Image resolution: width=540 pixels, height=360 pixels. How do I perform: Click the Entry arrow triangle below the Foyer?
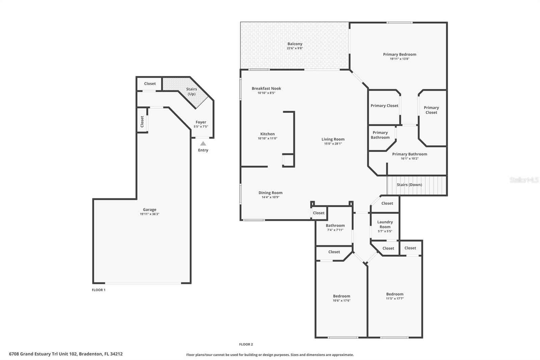pos(203,144)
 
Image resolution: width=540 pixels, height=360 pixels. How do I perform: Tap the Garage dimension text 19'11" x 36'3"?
pos(150,214)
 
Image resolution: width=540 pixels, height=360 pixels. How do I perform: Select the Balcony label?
pos(295,44)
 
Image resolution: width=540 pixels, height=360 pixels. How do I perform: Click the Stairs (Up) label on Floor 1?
pos(191,92)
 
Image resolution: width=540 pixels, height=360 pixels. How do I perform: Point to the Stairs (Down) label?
pos(409,185)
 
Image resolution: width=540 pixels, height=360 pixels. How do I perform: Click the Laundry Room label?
pos(385,224)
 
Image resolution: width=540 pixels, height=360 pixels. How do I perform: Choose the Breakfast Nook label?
pos(266,88)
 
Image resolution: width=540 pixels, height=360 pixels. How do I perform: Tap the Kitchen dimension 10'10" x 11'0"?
pos(267,138)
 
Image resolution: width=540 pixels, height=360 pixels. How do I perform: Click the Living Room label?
pos(333,139)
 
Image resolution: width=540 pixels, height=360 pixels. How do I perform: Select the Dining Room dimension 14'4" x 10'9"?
pos(270,197)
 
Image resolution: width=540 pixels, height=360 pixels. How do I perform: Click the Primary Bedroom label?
pos(399,54)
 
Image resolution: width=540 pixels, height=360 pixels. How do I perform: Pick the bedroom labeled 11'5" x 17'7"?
pos(395,296)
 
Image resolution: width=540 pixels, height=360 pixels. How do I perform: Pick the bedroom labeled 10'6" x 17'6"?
pos(342,298)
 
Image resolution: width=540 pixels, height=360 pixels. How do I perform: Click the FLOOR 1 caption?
pos(99,290)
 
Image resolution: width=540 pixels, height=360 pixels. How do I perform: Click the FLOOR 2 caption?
pos(246,344)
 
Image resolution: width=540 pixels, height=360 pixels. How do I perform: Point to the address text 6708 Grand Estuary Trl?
pos(65,354)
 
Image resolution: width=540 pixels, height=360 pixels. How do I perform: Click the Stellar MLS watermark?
pos(524,180)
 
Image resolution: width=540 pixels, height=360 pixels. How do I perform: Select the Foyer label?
pos(201,122)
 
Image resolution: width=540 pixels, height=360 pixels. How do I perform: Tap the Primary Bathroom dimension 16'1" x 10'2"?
pos(409,159)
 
